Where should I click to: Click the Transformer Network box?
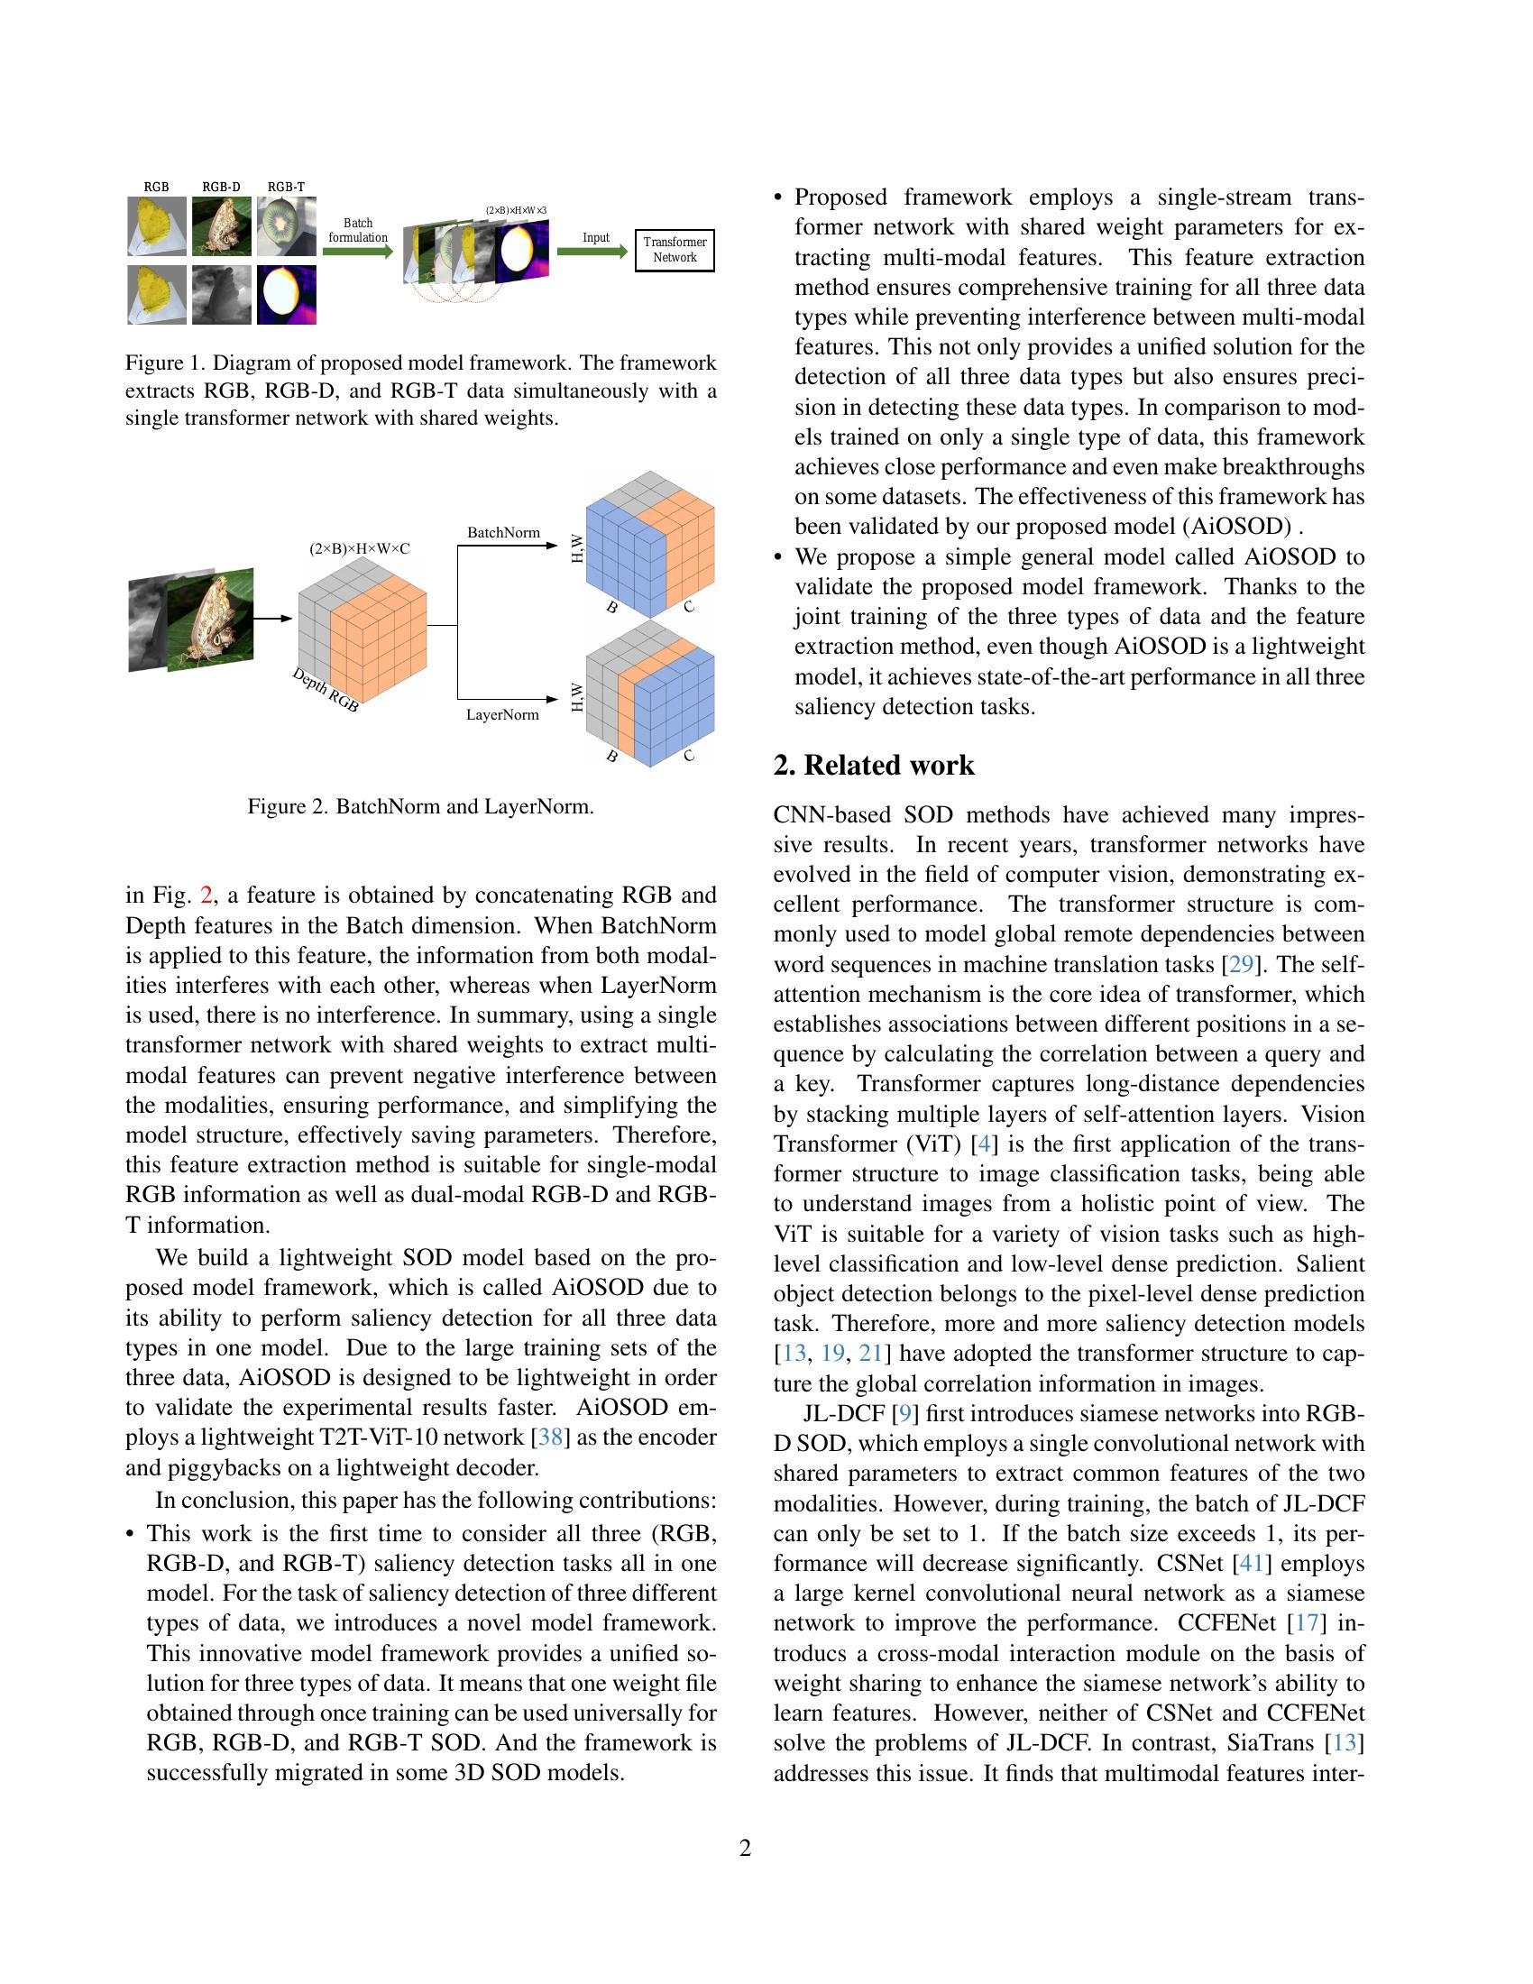click(x=674, y=250)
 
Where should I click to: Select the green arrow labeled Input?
click(x=592, y=252)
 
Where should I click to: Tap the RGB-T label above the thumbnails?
click(x=286, y=188)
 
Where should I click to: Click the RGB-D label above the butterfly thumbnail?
click(x=222, y=188)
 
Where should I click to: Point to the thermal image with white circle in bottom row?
click(x=286, y=294)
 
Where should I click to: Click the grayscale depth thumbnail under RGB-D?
click(x=222, y=294)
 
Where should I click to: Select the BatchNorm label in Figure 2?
click(x=503, y=532)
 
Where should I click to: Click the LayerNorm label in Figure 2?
click(x=502, y=714)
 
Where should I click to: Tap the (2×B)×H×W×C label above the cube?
click(x=360, y=548)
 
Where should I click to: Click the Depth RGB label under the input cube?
click(x=326, y=690)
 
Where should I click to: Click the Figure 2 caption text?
click(x=420, y=807)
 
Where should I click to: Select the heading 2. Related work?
click(x=874, y=765)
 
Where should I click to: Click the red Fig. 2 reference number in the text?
click(x=207, y=896)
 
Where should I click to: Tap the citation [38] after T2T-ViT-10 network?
click(x=550, y=1437)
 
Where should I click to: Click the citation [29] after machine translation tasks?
click(x=1241, y=964)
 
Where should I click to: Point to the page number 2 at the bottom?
click(x=746, y=1848)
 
